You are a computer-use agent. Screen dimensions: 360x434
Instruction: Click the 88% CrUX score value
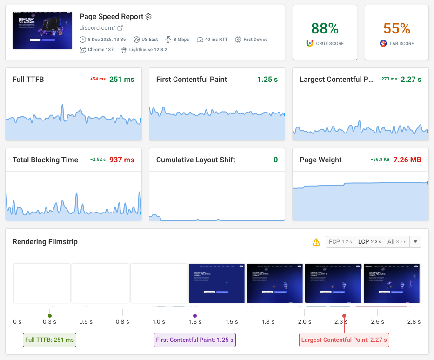(324, 28)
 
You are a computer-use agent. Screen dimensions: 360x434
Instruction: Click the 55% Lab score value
(397, 28)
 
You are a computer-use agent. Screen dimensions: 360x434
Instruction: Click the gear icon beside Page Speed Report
(148, 17)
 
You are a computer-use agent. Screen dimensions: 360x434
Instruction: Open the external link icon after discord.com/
(120, 28)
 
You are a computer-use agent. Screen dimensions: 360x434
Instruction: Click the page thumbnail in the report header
(42, 31)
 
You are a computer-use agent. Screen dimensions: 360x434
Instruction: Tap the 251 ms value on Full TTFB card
(121, 80)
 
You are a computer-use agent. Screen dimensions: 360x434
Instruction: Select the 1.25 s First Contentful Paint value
(267, 80)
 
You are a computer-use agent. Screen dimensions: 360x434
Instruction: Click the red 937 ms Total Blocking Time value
(121, 160)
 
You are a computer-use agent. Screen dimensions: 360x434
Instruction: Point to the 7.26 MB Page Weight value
(407, 160)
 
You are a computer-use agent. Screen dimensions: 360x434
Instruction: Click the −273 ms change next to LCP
(387, 80)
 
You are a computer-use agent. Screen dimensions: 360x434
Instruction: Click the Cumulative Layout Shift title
(195, 160)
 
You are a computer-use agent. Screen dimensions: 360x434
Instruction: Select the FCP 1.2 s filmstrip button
(341, 242)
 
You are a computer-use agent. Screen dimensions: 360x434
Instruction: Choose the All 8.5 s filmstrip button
(397, 242)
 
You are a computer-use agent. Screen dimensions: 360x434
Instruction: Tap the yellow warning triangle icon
(316, 242)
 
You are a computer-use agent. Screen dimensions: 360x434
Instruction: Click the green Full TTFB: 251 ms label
(49, 340)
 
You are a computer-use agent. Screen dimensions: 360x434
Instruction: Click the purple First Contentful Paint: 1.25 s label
(195, 340)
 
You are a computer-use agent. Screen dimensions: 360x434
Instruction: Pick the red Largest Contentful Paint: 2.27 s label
(344, 340)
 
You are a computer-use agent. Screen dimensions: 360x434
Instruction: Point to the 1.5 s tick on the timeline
(232, 322)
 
